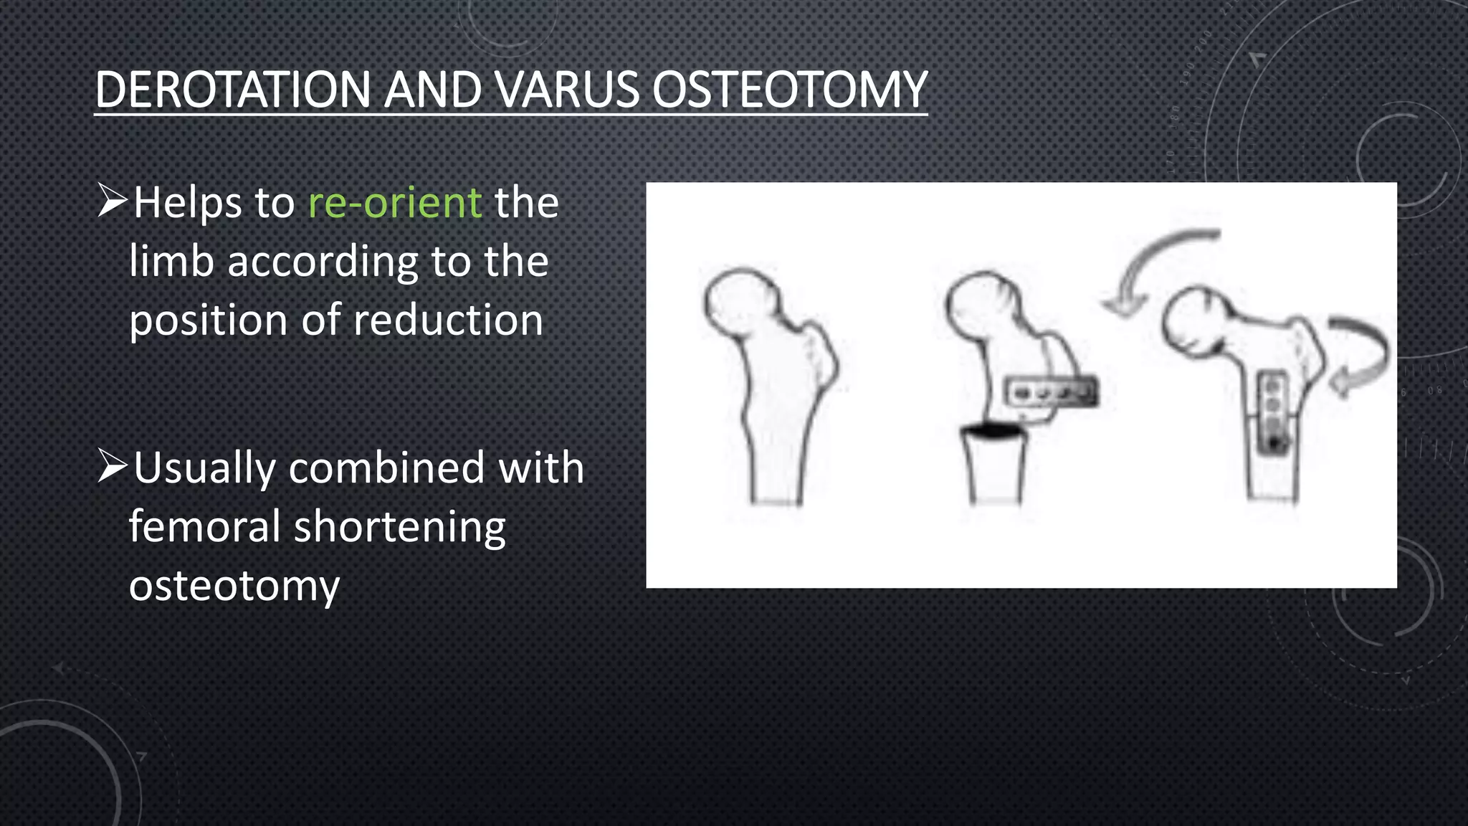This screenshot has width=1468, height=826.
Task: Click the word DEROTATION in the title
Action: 233,90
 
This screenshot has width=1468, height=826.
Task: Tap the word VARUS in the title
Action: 565,90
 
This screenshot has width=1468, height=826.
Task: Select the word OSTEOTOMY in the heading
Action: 788,90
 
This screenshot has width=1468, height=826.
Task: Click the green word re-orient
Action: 394,203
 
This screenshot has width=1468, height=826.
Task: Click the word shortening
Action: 399,527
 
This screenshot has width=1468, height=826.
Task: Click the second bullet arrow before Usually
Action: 113,466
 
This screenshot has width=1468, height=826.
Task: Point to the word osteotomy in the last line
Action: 234,587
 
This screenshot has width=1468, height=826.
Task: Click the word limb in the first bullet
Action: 171,261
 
